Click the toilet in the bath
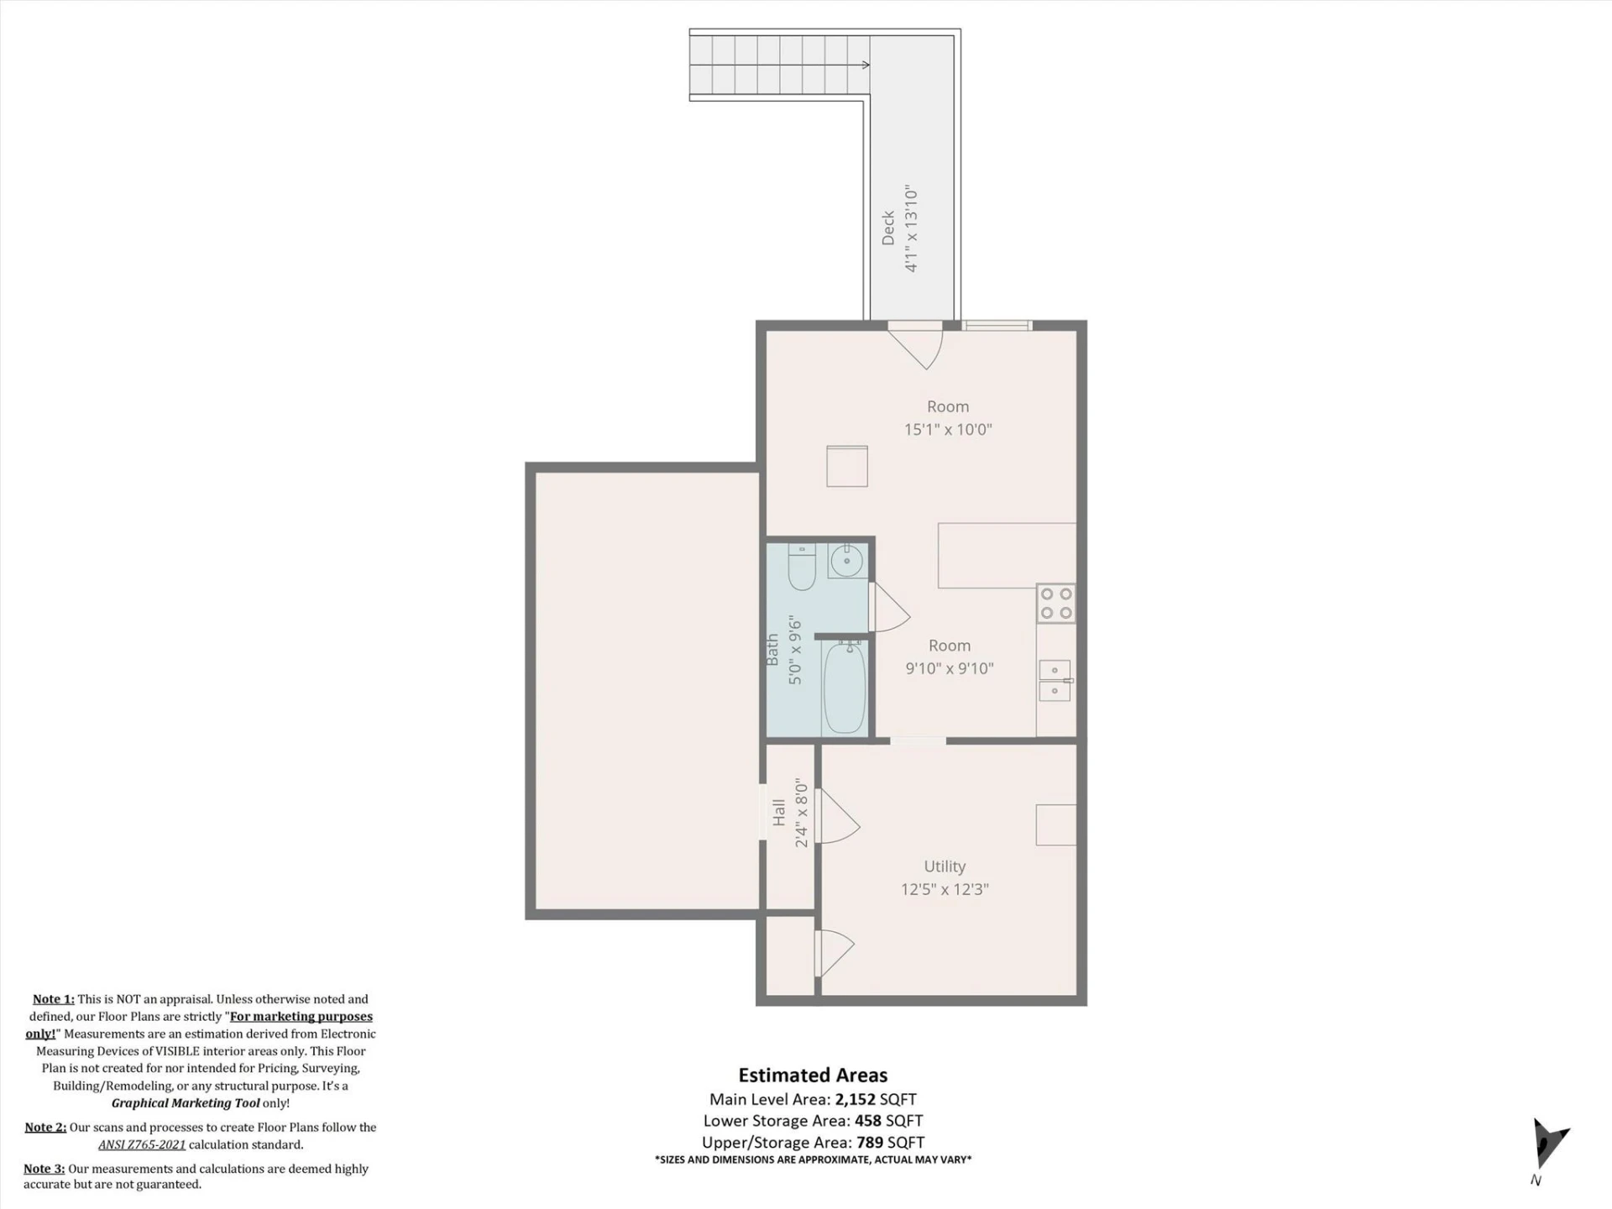click(x=802, y=568)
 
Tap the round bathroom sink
click(x=847, y=561)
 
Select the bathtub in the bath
click(x=845, y=688)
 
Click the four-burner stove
click(x=1056, y=603)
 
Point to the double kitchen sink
click(x=1055, y=680)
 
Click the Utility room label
click(x=945, y=866)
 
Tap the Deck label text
click(x=888, y=228)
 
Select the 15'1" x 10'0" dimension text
click(x=948, y=429)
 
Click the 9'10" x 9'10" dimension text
click(x=950, y=668)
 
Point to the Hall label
click(x=779, y=812)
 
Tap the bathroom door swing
click(x=892, y=607)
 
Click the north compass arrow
click(x=1549, y=1143)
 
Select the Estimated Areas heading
click(x=813, y=1076)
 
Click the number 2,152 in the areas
click(x=855, y=1099)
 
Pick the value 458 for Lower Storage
click(x=868, y=1121)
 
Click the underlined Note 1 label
click(x=54, y=999)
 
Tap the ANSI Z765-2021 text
click(x=142, y=1144)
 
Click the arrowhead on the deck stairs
click(x=866, y=65)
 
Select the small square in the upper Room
click(x=847, y=466)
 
